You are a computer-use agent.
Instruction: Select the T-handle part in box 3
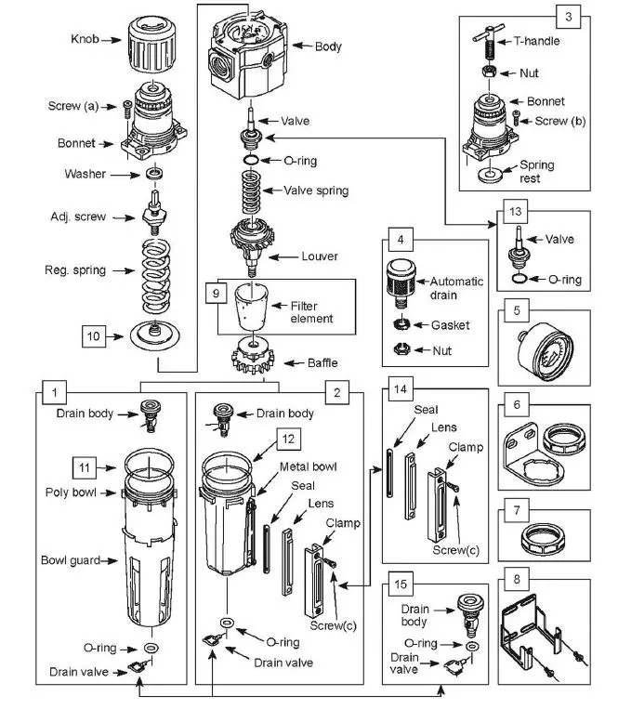pos(488,42)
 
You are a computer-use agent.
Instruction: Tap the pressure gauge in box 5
pos(546,351)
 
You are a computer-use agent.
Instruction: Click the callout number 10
pos(94,336)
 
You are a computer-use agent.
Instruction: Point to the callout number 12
pos(288,439)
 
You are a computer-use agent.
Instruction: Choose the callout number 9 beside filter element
pos(217,294)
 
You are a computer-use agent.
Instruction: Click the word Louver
pos(320,256)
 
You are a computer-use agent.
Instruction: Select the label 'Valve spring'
pos(316,190)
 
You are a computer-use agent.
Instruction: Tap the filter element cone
pos(251,308)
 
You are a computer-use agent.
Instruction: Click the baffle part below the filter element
pos(253,356)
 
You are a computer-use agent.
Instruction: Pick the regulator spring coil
pos(156,276)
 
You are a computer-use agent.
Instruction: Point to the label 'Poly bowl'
pos(71,492)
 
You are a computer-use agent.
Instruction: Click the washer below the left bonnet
pos(154,173)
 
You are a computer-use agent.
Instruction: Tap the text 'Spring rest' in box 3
pos(536,171)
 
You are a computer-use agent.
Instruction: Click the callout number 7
pos(517,510)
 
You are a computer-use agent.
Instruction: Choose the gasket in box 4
pos(401,323)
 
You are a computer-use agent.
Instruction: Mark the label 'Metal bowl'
pos(309,466)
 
